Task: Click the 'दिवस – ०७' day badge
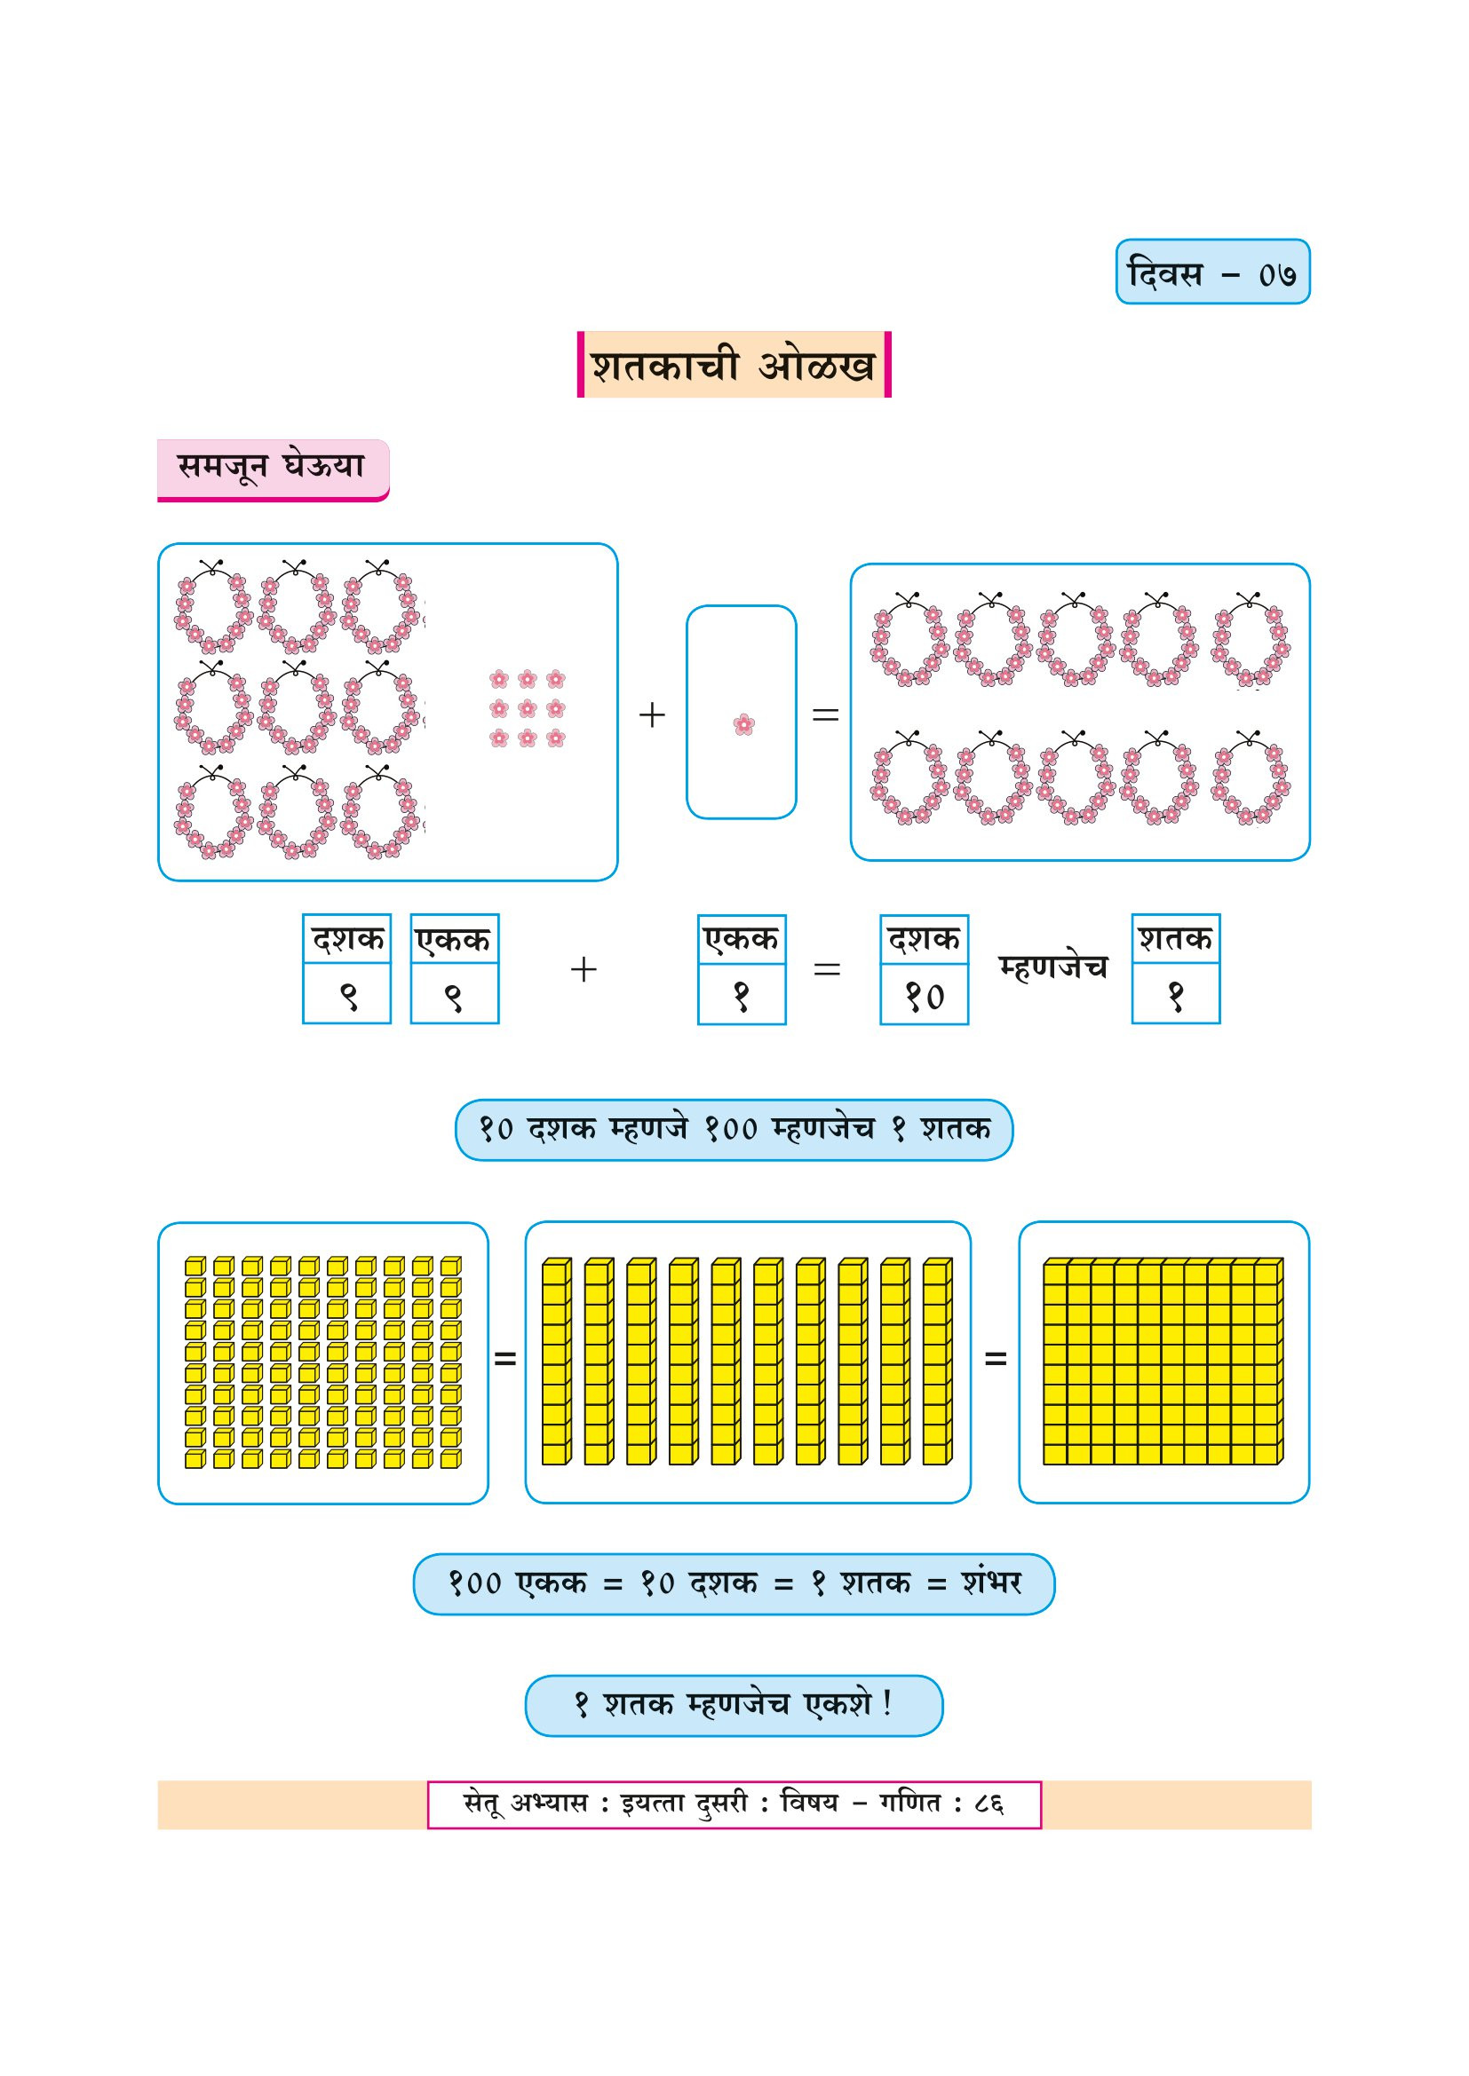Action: (1212, 272)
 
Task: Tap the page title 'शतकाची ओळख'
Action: (734, 366)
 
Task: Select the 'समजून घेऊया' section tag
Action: (273, 468)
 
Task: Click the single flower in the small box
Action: (743, 724)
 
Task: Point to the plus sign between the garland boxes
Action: (651, 715)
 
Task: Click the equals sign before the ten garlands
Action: (825, 715)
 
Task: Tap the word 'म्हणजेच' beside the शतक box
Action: (1052, 967)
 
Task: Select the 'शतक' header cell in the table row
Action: (1175, 939)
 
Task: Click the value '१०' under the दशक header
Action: (925, 997)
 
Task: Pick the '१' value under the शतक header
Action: (1175, 997)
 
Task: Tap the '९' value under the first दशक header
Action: (347, 997)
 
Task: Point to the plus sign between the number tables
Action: (584, 969)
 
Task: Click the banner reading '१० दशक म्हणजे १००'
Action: (734, 1129)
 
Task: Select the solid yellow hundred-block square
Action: (1163, 1362)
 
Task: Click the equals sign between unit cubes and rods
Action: (504, 1358)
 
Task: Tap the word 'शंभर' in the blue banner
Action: (991, 1583)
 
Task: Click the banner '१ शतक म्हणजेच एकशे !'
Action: (734, 1705)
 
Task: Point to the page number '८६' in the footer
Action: (989, 1804)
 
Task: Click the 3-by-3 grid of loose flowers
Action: (528, 709)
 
